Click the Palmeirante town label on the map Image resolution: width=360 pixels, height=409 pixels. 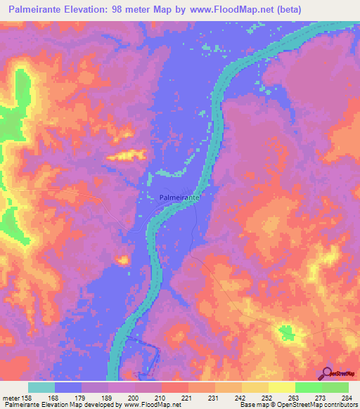click(x=179, y=199)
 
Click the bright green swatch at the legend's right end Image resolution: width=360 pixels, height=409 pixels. click(x=335, y=387)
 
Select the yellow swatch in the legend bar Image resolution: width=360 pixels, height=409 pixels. click(x=281, y=387)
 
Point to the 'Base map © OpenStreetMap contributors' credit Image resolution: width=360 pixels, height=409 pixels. click(x=298, y=405)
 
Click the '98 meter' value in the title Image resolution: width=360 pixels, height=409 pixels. click(x=136, y=9)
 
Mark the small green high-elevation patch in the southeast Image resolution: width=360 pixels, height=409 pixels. click(x=286, y=332)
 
